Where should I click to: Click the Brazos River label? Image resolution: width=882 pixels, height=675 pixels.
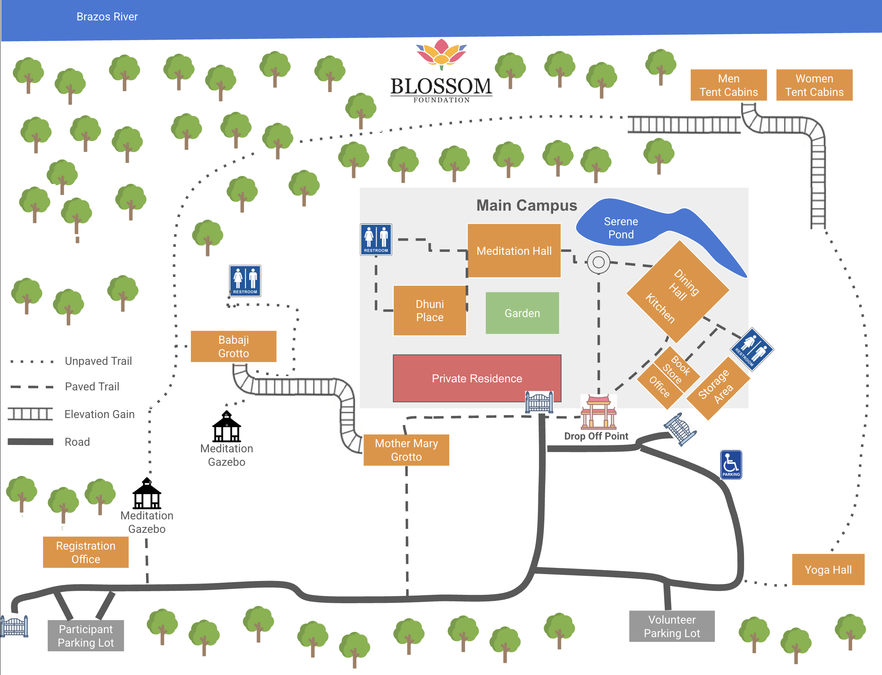tap(107, 16)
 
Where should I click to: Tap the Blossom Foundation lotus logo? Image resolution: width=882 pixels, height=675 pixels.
tap(441, 54)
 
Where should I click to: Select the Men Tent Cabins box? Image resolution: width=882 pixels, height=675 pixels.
tap(728, 85)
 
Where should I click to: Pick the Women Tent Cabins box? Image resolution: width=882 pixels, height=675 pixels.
tap(814, 85)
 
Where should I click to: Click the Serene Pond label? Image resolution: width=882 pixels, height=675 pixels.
tap(621, 228)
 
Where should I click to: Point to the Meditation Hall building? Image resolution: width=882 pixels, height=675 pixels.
tap(514, 251)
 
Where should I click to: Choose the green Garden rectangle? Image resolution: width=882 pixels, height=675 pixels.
tap(522, 313)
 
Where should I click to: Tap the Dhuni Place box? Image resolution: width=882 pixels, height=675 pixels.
tap(430, 311)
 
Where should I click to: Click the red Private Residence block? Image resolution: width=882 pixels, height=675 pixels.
tap(477, 378)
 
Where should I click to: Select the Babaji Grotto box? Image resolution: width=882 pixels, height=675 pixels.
tap(233, 346)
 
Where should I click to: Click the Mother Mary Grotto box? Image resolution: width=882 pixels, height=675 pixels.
tap(406, 450)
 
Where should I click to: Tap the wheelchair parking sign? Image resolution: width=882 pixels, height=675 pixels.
tap(731, 465)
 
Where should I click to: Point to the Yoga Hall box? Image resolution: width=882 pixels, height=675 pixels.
tap(828, 570)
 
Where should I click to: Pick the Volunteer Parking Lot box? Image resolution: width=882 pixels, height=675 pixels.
tap(672, 627)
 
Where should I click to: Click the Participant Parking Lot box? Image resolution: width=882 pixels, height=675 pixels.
tap(86, 636)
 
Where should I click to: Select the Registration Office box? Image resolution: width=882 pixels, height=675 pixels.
tap(86, 552)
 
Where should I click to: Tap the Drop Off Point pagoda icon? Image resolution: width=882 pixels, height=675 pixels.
tap(598, 412)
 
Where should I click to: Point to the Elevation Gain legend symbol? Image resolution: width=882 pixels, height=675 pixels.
tap(30, 414)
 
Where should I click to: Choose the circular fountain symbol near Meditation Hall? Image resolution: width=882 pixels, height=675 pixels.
tap(598, 262)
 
